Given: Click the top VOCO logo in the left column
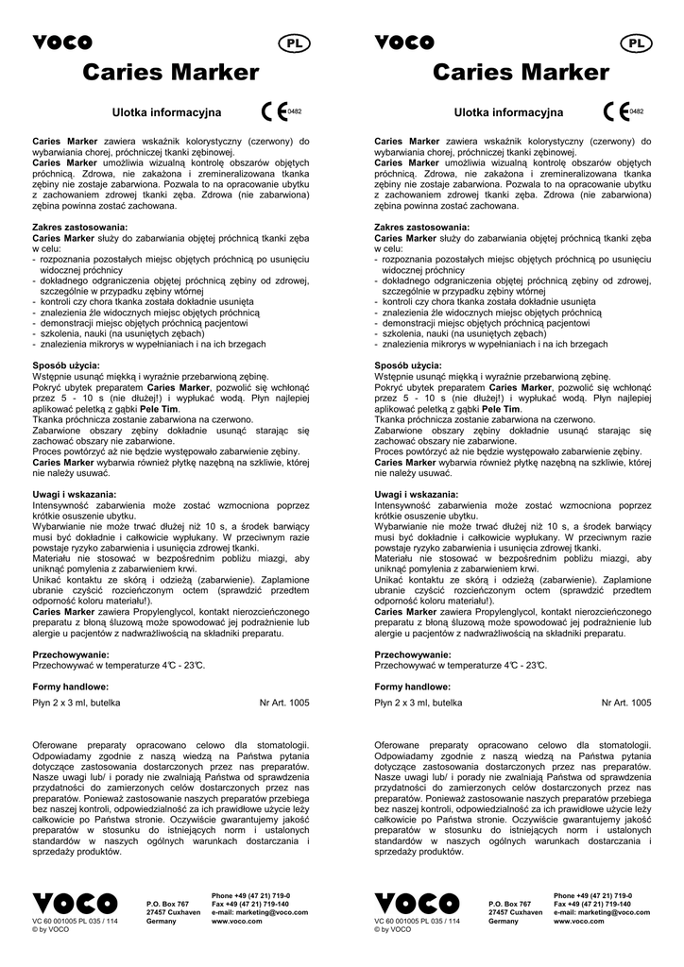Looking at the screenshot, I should [x=62, y=42].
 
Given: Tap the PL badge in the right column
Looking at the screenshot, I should [x=635, y=43].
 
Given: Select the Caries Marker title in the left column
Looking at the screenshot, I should [x=170, y=73].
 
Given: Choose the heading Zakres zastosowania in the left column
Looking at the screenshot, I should [x=79, y=228].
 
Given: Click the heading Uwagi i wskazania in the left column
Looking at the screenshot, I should [x=75, y=494].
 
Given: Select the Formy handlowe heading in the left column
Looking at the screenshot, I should [x=70, y=687].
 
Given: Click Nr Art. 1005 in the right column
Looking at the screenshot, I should [x=626, y=703].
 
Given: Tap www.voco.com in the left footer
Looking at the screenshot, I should [x=236, y=921].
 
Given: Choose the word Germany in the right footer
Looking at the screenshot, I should [x=504, y=921].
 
